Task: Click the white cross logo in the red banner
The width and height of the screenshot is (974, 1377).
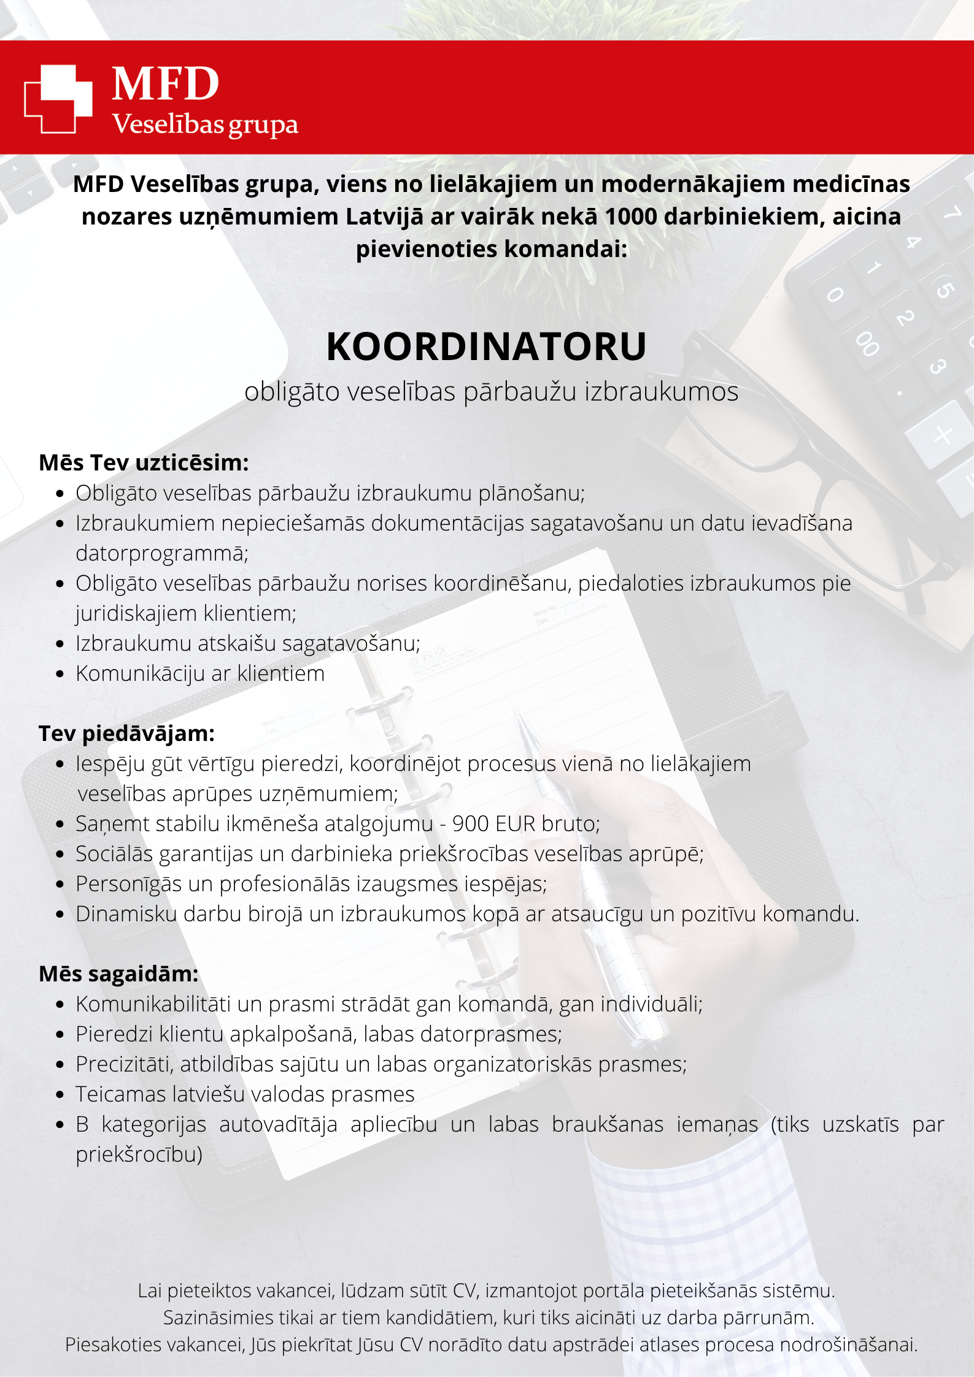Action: [58, 98]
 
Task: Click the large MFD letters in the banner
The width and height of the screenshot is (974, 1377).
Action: [165, 84]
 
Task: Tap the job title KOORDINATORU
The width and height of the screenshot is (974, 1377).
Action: [486, 347]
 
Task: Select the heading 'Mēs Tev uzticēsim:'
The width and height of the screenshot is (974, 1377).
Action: [144, 462]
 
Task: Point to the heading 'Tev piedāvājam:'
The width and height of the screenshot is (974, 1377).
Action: [126, 733]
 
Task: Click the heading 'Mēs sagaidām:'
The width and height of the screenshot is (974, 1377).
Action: [118, 973]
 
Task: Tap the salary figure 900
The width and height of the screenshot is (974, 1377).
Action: [471, 824]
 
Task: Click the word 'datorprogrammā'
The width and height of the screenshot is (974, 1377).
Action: [161, 553]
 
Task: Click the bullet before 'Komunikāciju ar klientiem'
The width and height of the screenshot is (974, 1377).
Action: [60, 673]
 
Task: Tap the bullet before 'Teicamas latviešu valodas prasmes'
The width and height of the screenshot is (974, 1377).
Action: [60, 1094]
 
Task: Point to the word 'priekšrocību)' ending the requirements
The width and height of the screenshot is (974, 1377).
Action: [139, 1154]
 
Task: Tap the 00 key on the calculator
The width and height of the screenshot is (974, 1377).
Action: [867, 343]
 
